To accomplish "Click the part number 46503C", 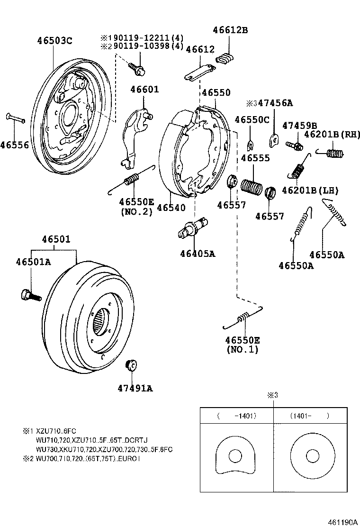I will [x=54, y=41].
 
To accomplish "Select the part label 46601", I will [x=144, y=90].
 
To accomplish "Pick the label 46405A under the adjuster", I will [x=198, y=254].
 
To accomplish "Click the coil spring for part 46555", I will [x=251, y=185].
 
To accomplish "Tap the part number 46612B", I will [x=230, y=30].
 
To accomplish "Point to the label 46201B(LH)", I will [x=310, y=191].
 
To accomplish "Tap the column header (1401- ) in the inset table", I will [x=309, y=416].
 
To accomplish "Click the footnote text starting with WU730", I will [x=104, y=449].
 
